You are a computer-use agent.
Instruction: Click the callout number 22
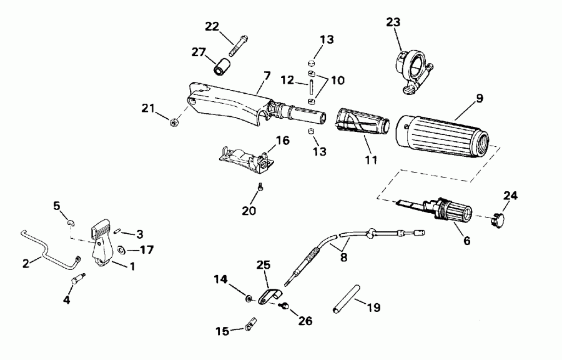pos(212,26)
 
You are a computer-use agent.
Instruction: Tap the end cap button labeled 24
pos(498,218)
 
